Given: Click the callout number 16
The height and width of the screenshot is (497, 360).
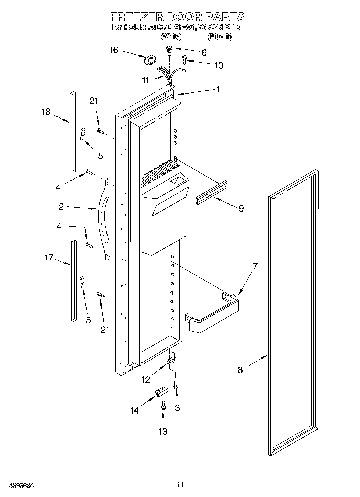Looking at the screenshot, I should coord(114,50).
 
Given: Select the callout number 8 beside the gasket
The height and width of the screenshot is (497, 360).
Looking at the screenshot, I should coord(240,370).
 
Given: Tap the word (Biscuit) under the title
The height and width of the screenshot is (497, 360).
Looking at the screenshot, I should coord(219,37).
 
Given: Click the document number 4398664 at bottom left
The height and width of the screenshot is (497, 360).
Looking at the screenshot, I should coord(21,485).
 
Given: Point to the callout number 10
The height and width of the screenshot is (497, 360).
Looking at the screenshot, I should coord(219,65).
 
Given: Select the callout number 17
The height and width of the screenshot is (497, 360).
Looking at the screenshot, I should coord(49,258).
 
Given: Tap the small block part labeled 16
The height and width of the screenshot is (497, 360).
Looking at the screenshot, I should coord(149,60).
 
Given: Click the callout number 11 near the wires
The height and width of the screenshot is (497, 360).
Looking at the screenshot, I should coord(145,80).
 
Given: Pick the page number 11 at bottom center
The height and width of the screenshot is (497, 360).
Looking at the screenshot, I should coord(180,485).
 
